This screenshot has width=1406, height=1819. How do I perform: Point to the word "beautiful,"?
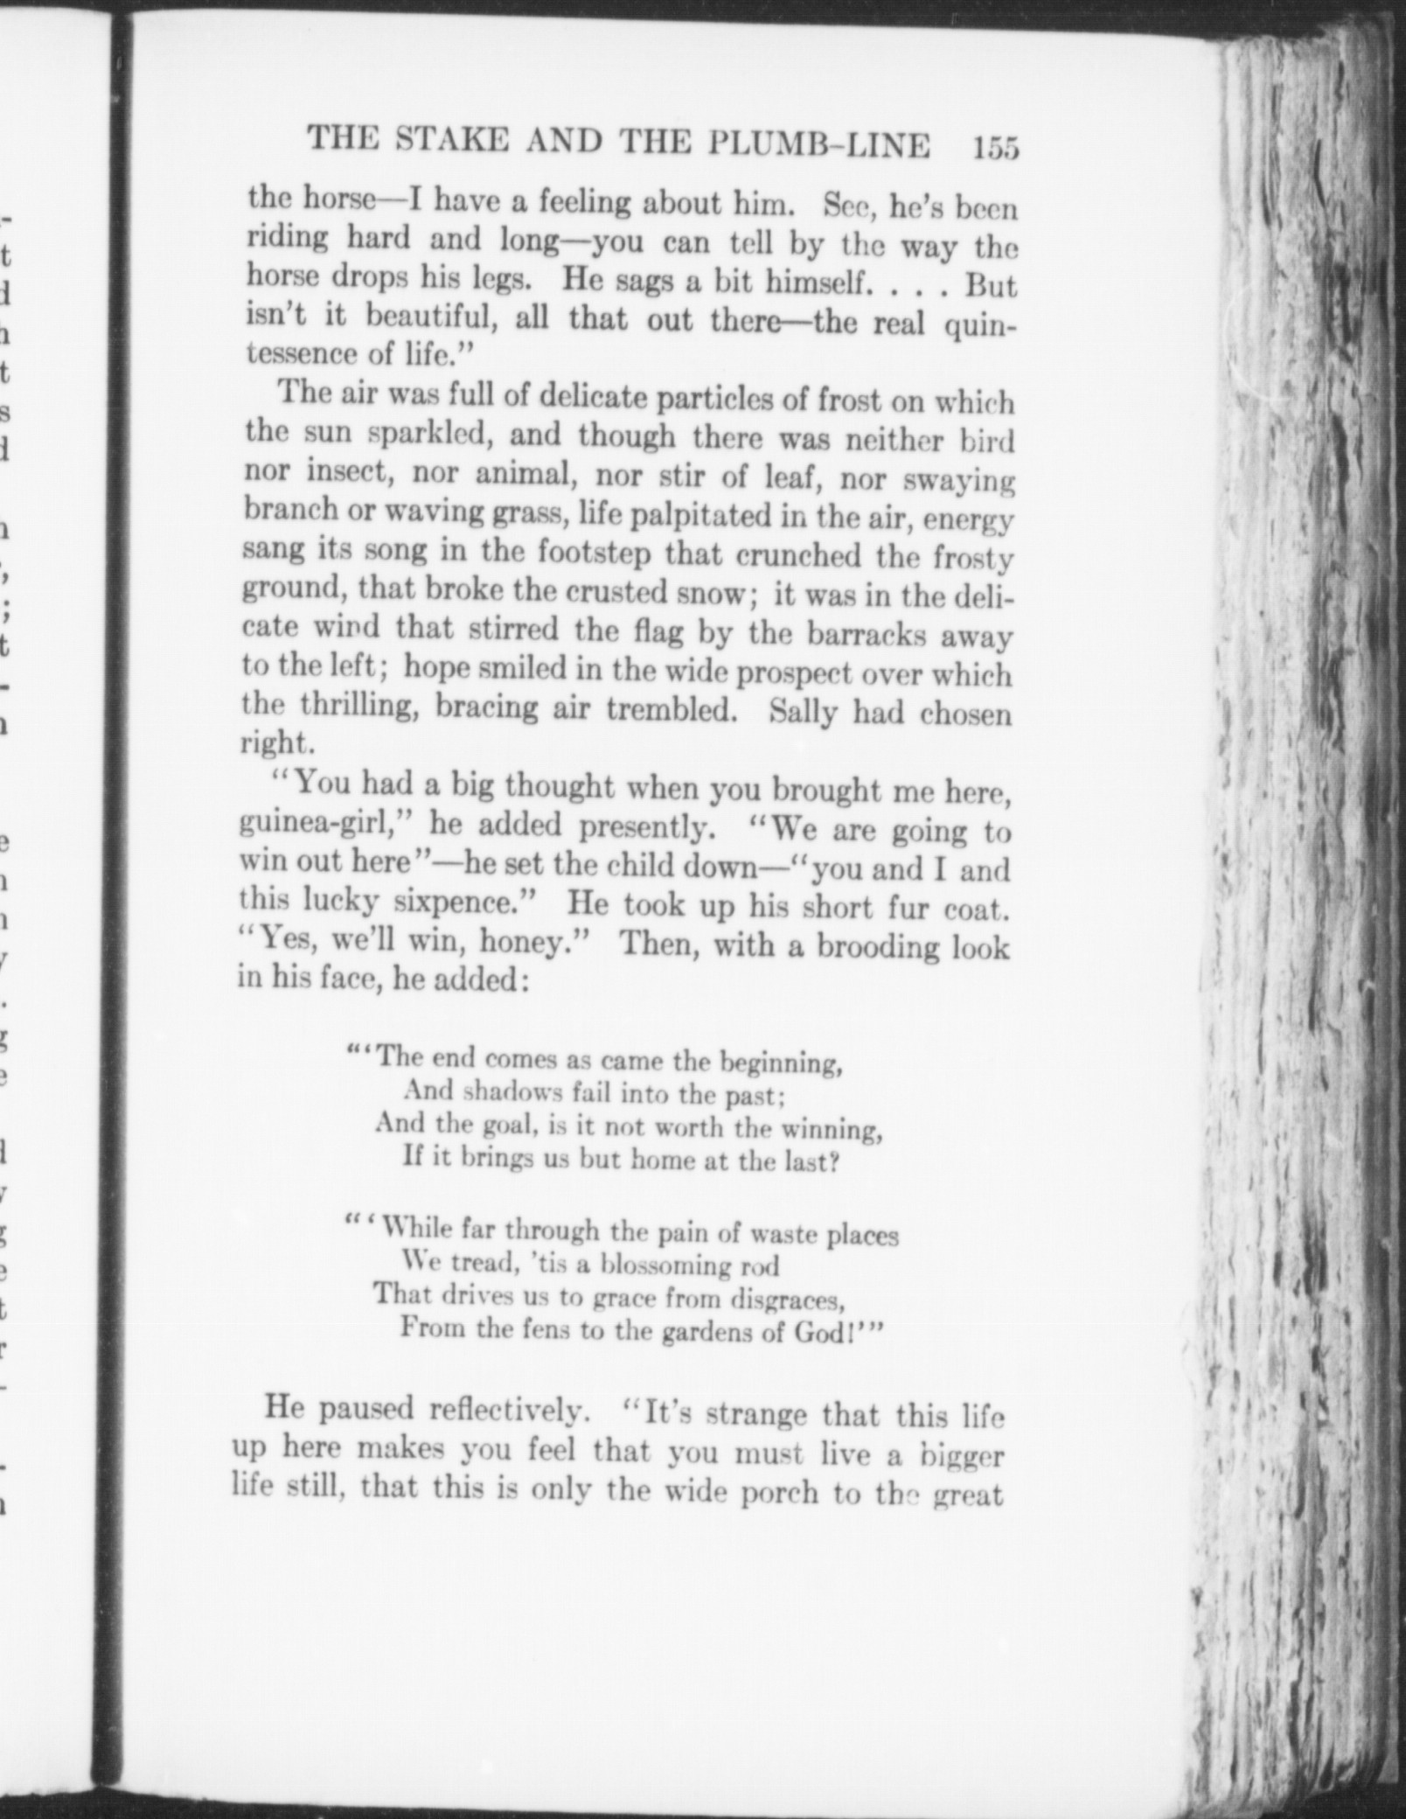point(431,317)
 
